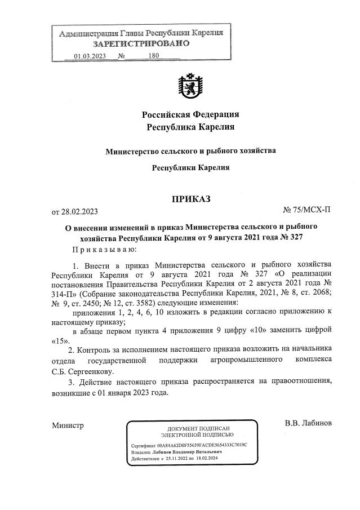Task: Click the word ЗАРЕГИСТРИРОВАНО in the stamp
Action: point(141,43)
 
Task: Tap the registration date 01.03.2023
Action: point(90,56)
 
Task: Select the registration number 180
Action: point(153,56)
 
